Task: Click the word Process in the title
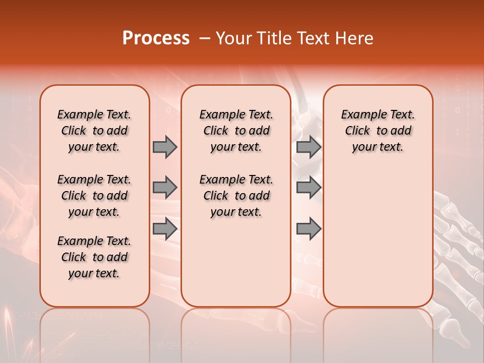point(156,38)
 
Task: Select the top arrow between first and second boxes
point(165,147)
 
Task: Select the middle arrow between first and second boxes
point(165,188)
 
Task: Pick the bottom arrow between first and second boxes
point(165,228)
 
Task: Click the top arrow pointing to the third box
point(309,147)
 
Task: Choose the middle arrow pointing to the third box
point(309,188)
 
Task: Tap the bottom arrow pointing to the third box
point(309,228)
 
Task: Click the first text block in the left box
point(94,131)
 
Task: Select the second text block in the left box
point(94,196)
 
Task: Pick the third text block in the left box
point(94,257)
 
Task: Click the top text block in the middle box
point(236,131)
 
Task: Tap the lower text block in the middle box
point(236,196)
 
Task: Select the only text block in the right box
point(378,131)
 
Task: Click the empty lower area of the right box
point(378,237)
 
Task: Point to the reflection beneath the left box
point(95,328)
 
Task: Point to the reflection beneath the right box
point(378,328)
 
